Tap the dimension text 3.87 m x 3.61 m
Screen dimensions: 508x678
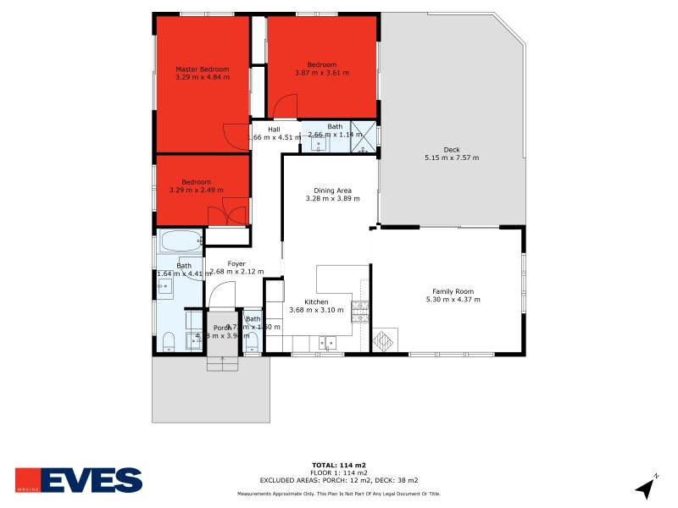322,74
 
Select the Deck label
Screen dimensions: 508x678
452,149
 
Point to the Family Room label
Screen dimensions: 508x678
453,291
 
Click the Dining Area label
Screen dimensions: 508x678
333,190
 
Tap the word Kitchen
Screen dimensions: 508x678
316,302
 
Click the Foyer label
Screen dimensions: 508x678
236,264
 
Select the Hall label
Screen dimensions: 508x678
274,130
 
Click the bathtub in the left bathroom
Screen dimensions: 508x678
181,241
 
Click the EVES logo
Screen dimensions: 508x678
79,480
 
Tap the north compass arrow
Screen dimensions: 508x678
647,486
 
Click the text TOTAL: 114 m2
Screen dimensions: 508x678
338,465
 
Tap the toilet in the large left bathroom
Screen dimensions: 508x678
169,342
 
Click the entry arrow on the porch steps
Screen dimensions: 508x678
223,362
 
